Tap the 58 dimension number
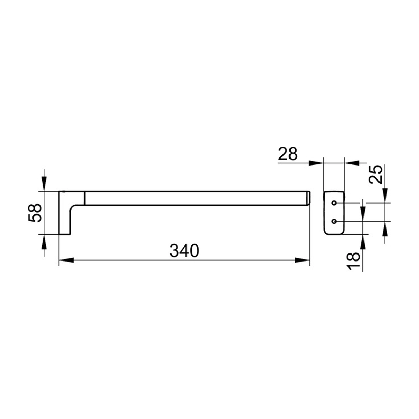(35, 213)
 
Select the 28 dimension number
(288, 154)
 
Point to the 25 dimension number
(376, 175)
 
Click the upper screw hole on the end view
(334, 203)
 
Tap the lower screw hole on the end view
(334, 221)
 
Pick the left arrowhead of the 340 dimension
(66, 260)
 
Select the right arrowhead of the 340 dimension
(302, 260)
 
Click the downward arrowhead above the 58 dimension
(44, 184)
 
